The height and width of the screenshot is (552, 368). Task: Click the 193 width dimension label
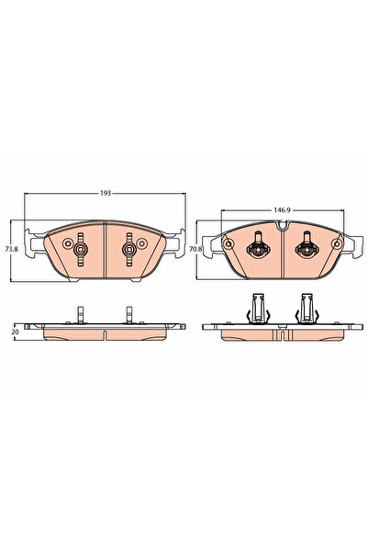[x=106, y=193]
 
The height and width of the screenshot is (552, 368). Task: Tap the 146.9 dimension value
[x=282, y=210]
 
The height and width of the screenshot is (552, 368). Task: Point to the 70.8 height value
[x=195, y=249]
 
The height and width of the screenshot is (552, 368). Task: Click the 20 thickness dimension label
[x=15, y=332]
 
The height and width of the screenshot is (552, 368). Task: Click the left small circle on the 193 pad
[x=67, y=242]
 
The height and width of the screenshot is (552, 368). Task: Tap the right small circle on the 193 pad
[x=141, y=242]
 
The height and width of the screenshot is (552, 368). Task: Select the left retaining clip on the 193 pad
[x=81, y=249]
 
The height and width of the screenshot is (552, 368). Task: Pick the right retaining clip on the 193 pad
[x=129, y=249]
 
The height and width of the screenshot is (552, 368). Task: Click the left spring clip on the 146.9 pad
[x=258, y=246]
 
